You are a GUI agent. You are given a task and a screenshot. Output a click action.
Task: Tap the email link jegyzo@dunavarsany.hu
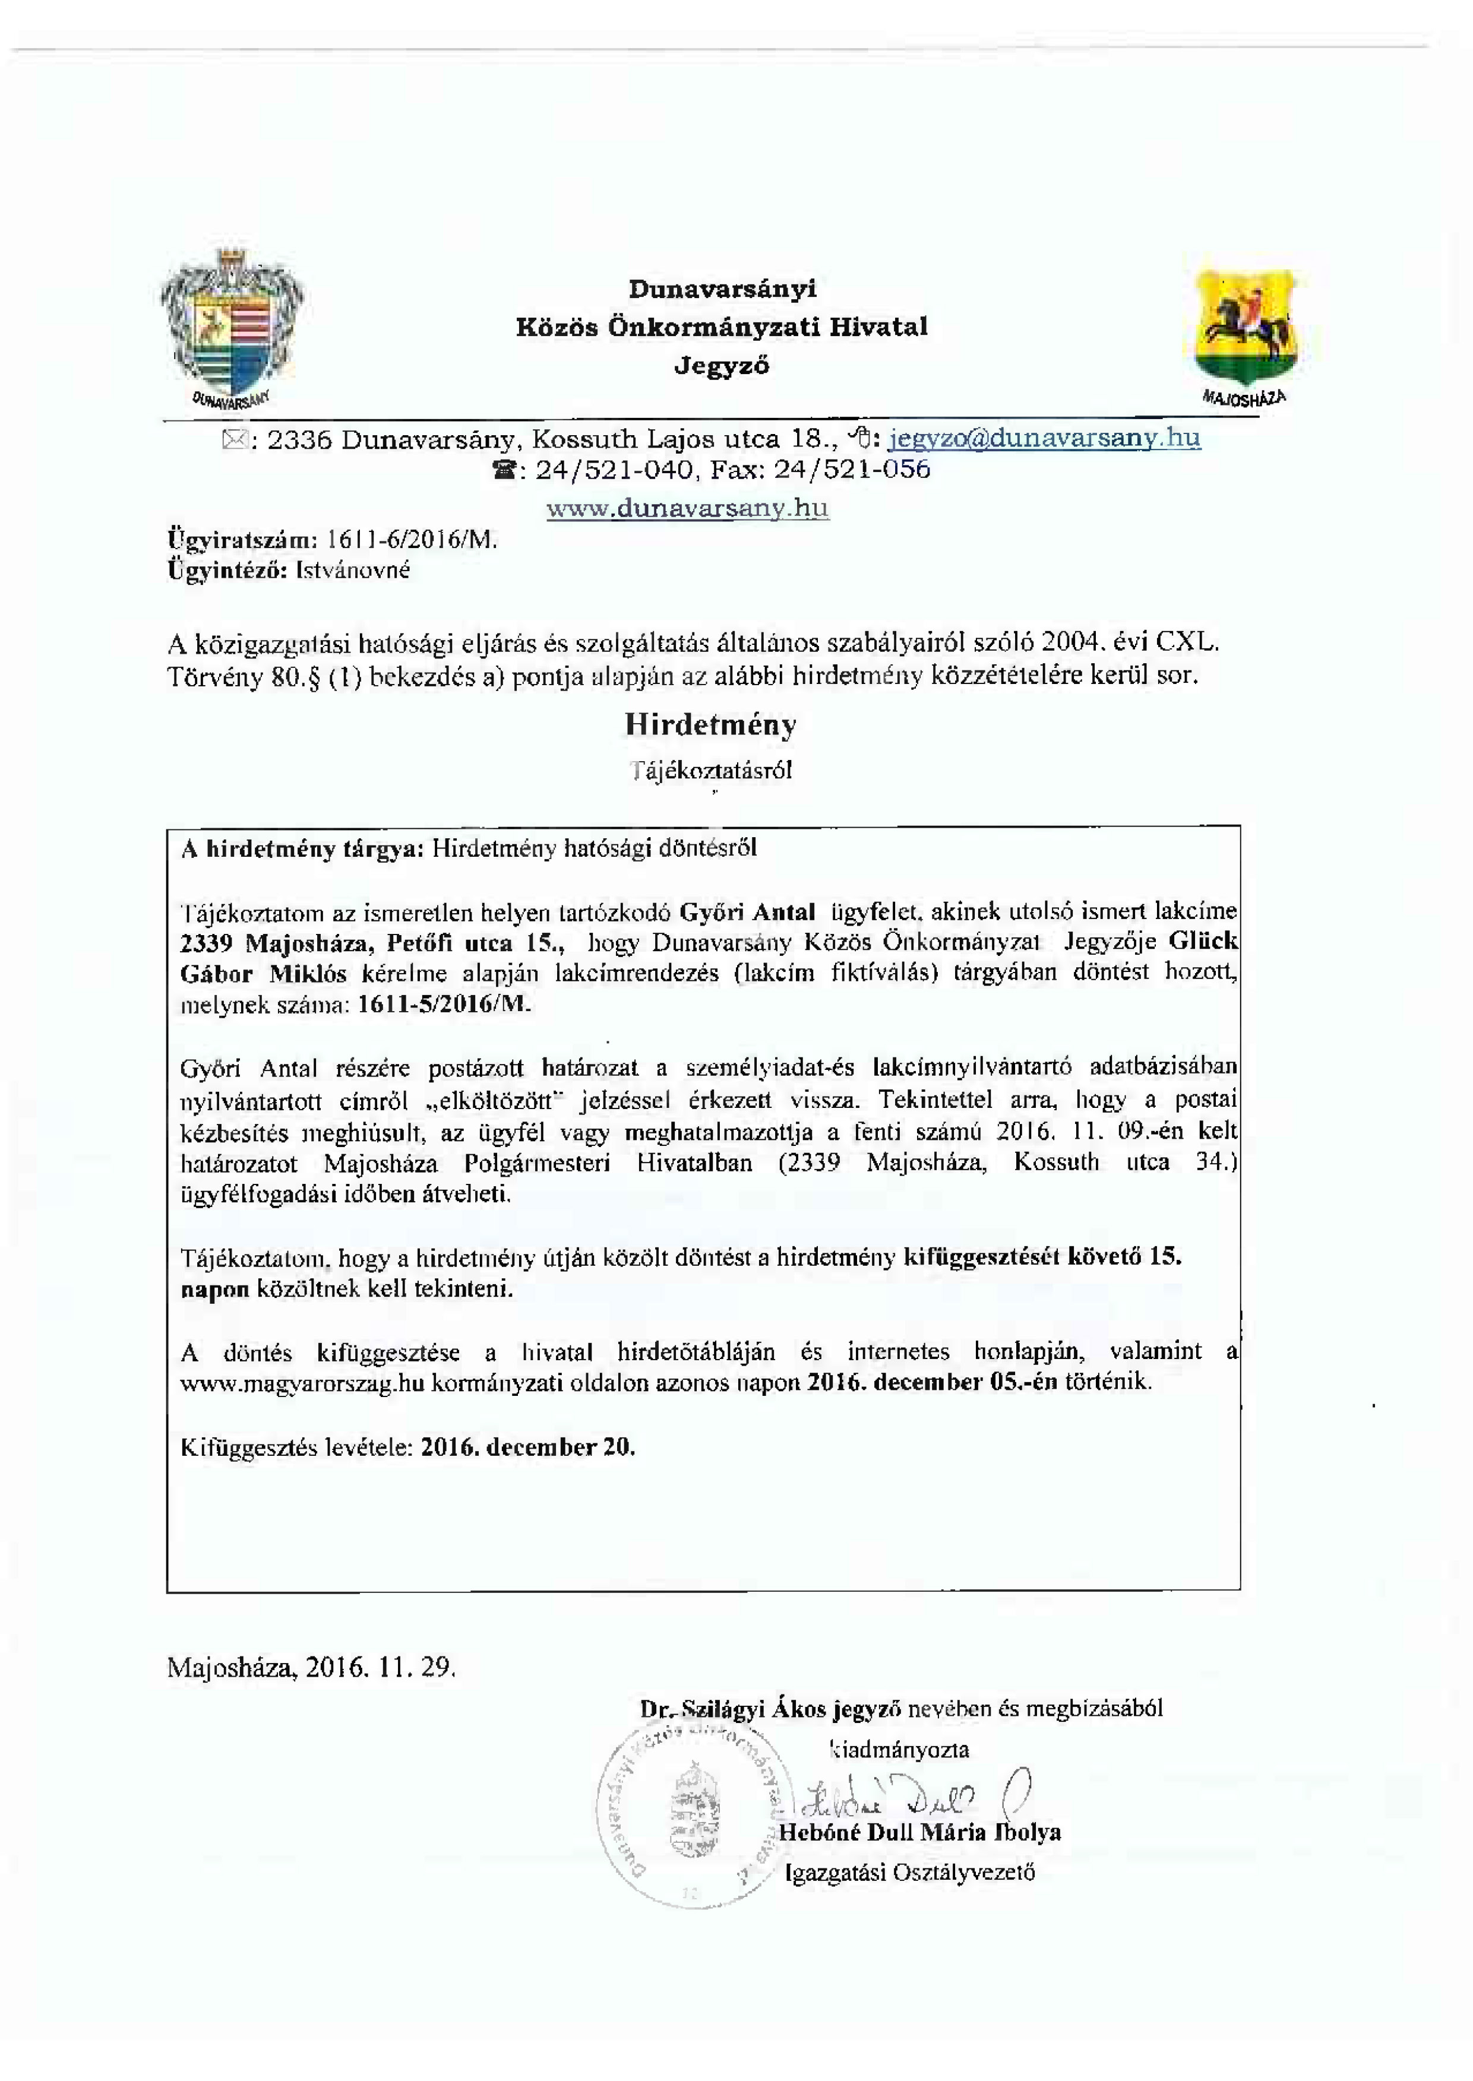click(x=1045, y=438)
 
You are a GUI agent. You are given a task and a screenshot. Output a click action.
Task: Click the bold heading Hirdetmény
click(x=710, y=724)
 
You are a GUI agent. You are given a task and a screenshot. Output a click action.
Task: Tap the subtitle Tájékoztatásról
click(x=712, y=771)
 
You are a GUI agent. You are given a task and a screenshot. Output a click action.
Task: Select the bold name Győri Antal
click(x=747, y=911)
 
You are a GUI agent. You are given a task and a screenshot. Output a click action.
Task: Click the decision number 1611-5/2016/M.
click(x=444, y=1005)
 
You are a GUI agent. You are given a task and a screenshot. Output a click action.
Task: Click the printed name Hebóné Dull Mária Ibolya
click(x=919, y=1832)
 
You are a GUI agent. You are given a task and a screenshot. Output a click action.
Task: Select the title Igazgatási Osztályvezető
click(x=911, y=1873)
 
